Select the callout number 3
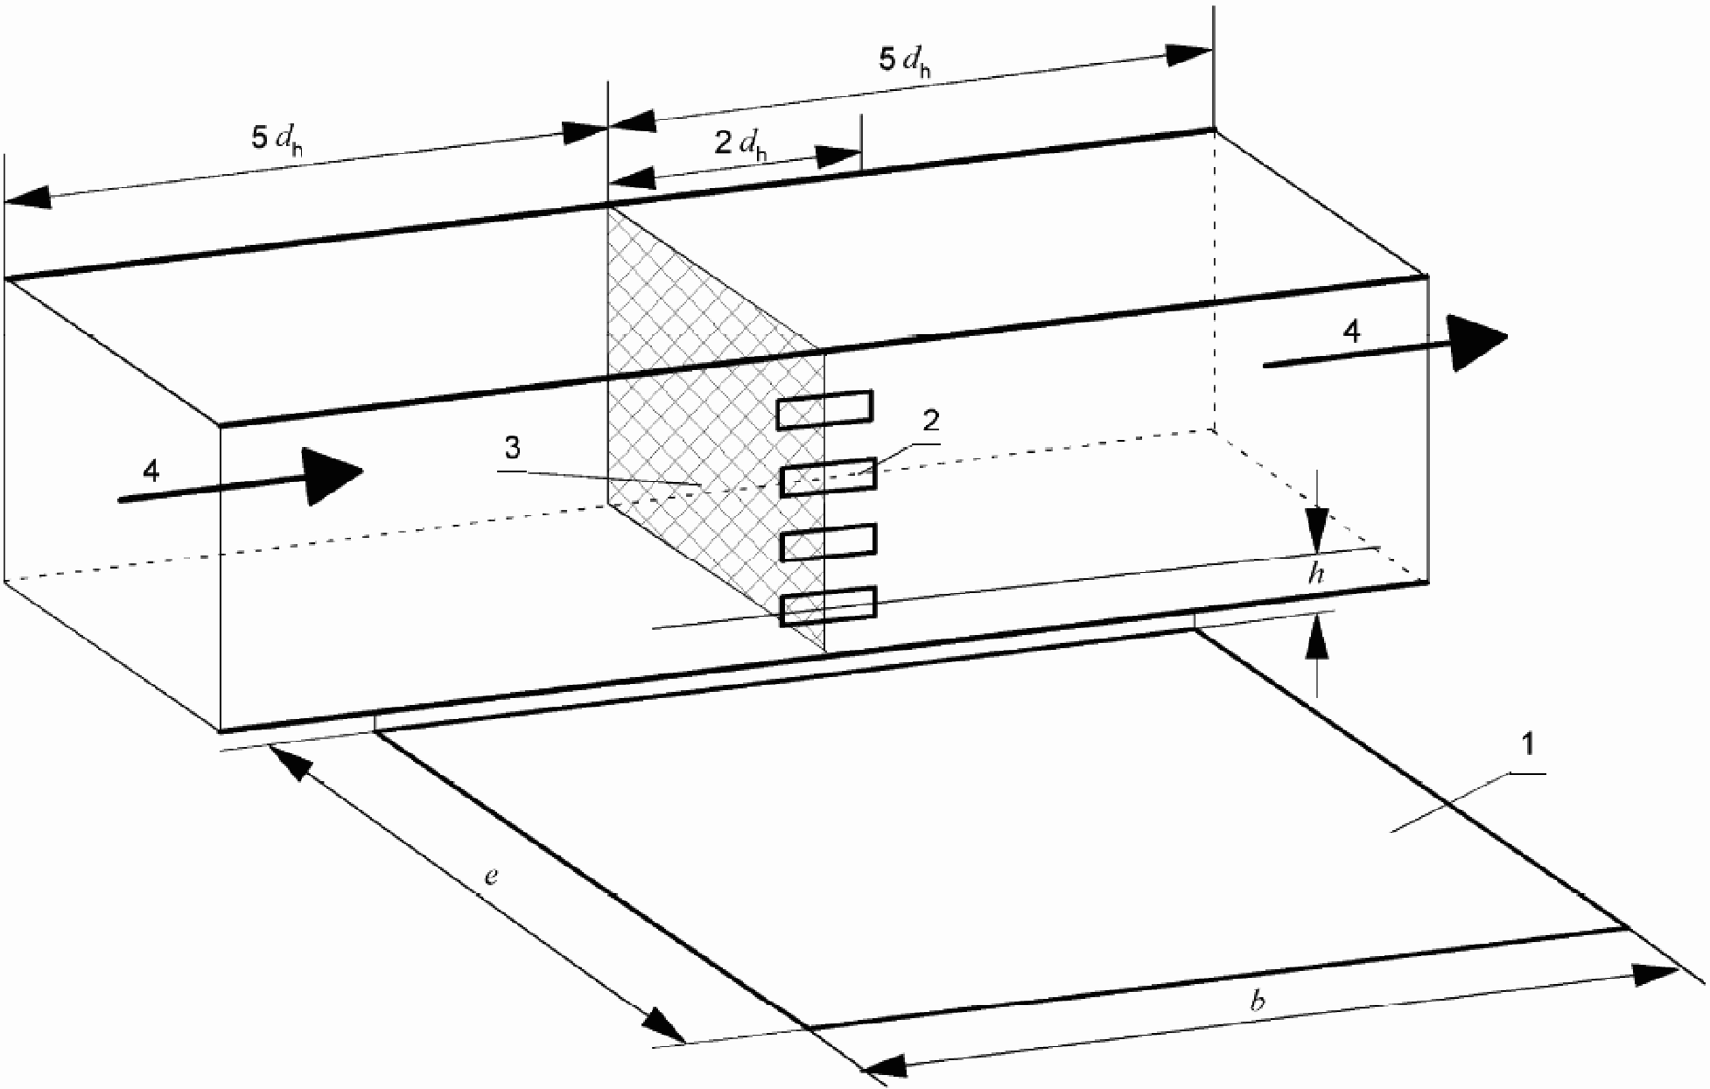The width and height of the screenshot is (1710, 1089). tap(512, 449)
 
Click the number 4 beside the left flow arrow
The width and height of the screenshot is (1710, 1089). tap(151, 472)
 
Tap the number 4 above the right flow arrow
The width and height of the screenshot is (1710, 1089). tap(1351, 332)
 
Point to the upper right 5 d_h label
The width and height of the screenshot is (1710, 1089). tap(905, 62)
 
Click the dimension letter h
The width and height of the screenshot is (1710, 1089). tap(1317, 575)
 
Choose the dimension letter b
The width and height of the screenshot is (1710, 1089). tap(1258, 1002)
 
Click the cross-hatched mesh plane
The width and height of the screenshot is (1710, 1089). tap(716, 429)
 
